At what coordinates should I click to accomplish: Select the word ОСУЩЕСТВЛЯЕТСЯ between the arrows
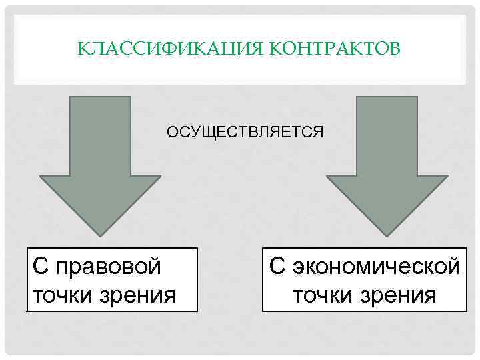coord(245,132)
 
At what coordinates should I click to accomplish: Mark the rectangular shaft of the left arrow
coord(100,133)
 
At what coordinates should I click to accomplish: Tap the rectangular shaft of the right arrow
coord(387,133)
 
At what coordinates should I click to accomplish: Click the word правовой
coord(109,267)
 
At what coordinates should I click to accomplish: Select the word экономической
coord(377,267)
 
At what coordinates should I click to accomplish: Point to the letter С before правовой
coord(40,267)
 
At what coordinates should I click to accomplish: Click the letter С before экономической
coord(277,267)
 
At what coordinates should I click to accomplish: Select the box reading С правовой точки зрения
coord(112,280)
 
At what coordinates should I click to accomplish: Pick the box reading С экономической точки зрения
coord(364,280)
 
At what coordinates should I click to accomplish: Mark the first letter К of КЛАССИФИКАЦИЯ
coord(82,49)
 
